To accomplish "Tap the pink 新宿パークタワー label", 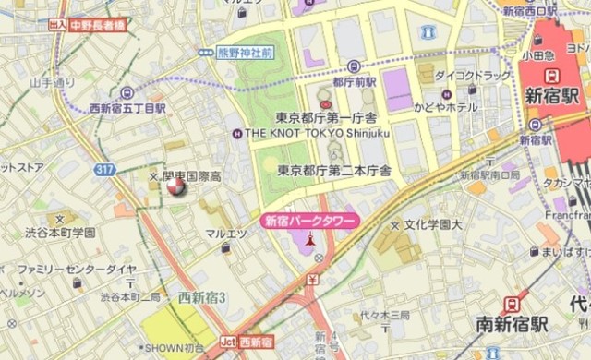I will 297,221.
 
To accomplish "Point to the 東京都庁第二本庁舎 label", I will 333,170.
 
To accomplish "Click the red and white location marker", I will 175,187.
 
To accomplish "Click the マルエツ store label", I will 226,234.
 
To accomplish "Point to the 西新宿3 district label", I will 202,297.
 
